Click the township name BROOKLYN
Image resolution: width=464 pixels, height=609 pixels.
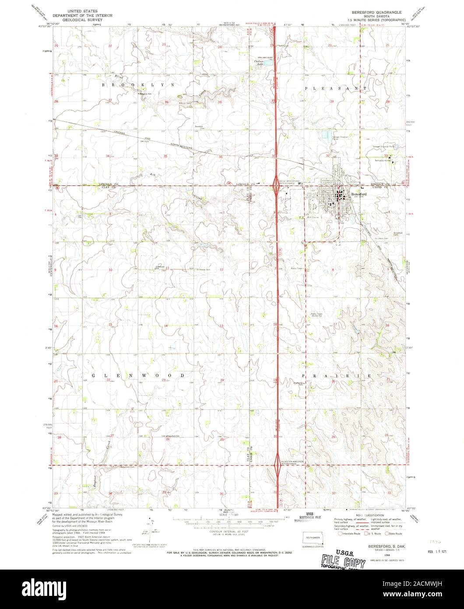pyautogui.click(x=138, y=84)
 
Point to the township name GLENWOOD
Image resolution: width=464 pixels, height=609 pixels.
pyautogui.click(x=139, y=376)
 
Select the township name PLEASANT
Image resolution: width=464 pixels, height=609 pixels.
pyautogui.click(x=335, y=88)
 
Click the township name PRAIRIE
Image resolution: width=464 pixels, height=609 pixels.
pyautogui.click(x=336, y=376)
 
